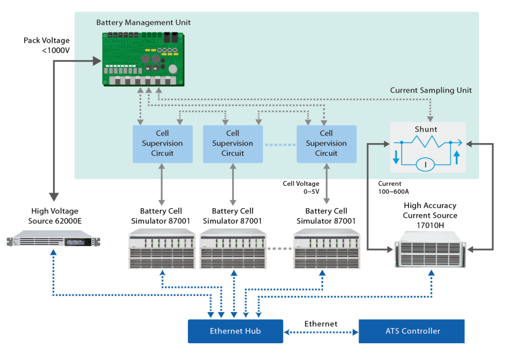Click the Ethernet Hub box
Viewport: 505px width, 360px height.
[235, 331]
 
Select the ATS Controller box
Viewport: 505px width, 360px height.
[412, 331]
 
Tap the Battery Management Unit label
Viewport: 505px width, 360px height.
[144, 23]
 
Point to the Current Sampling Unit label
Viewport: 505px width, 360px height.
[431, 90]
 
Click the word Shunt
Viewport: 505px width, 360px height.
[426, 129]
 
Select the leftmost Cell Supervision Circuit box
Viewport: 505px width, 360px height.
[162, 144]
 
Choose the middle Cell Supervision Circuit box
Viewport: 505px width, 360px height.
[232, 144]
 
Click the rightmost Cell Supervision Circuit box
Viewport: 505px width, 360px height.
[326, 144]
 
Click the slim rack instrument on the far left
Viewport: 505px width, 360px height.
[53, 241]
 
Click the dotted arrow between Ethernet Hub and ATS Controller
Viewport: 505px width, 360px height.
[321, 331]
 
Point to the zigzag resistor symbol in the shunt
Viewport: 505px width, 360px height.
[426, 142]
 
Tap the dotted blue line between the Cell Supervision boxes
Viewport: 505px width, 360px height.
[279, 144]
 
